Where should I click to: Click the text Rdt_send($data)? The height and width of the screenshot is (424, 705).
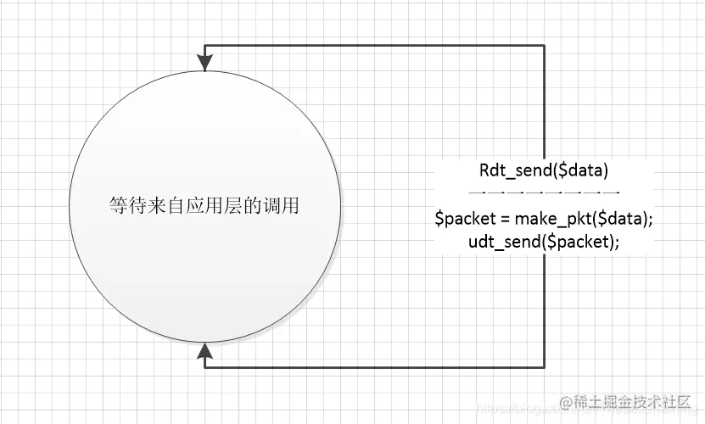tap(544, 170)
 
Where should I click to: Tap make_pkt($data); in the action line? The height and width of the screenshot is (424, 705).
tap(583, 219)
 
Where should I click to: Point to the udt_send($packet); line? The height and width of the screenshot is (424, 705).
tap(544, 242)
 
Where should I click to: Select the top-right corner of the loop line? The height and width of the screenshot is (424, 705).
tap(544, 45)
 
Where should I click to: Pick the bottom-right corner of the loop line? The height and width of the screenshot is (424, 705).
tap(544, 366)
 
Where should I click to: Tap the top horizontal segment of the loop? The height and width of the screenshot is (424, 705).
tap(373, 45)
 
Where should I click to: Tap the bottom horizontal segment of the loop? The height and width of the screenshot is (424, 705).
tap(373, 366)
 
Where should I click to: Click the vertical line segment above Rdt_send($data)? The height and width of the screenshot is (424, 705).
tap(544, 102)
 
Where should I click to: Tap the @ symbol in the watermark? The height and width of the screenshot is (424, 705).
tap(563, 403)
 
